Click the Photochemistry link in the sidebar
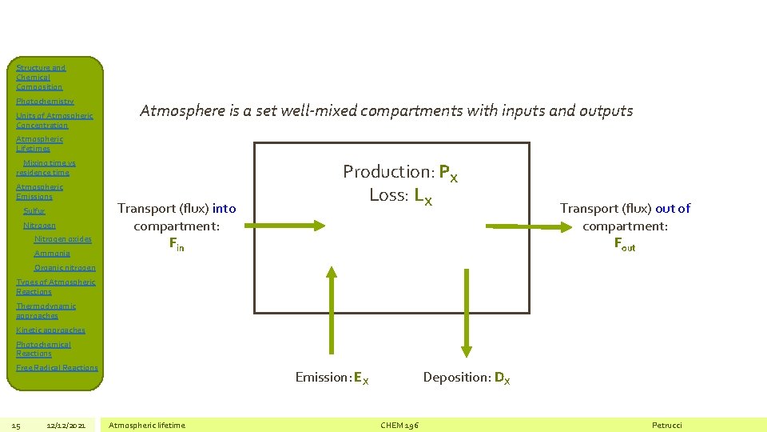45,102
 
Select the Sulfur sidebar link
34,211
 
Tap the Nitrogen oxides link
62,239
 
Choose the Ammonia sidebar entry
52,254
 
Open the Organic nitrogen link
65,268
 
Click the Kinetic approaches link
50,330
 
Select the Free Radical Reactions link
57,368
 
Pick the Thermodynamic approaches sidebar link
46,310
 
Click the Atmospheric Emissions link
39,192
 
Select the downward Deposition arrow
464,312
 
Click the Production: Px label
399,172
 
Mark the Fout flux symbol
625,245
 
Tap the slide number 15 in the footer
17,425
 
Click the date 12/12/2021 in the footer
66,425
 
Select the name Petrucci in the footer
667,425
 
